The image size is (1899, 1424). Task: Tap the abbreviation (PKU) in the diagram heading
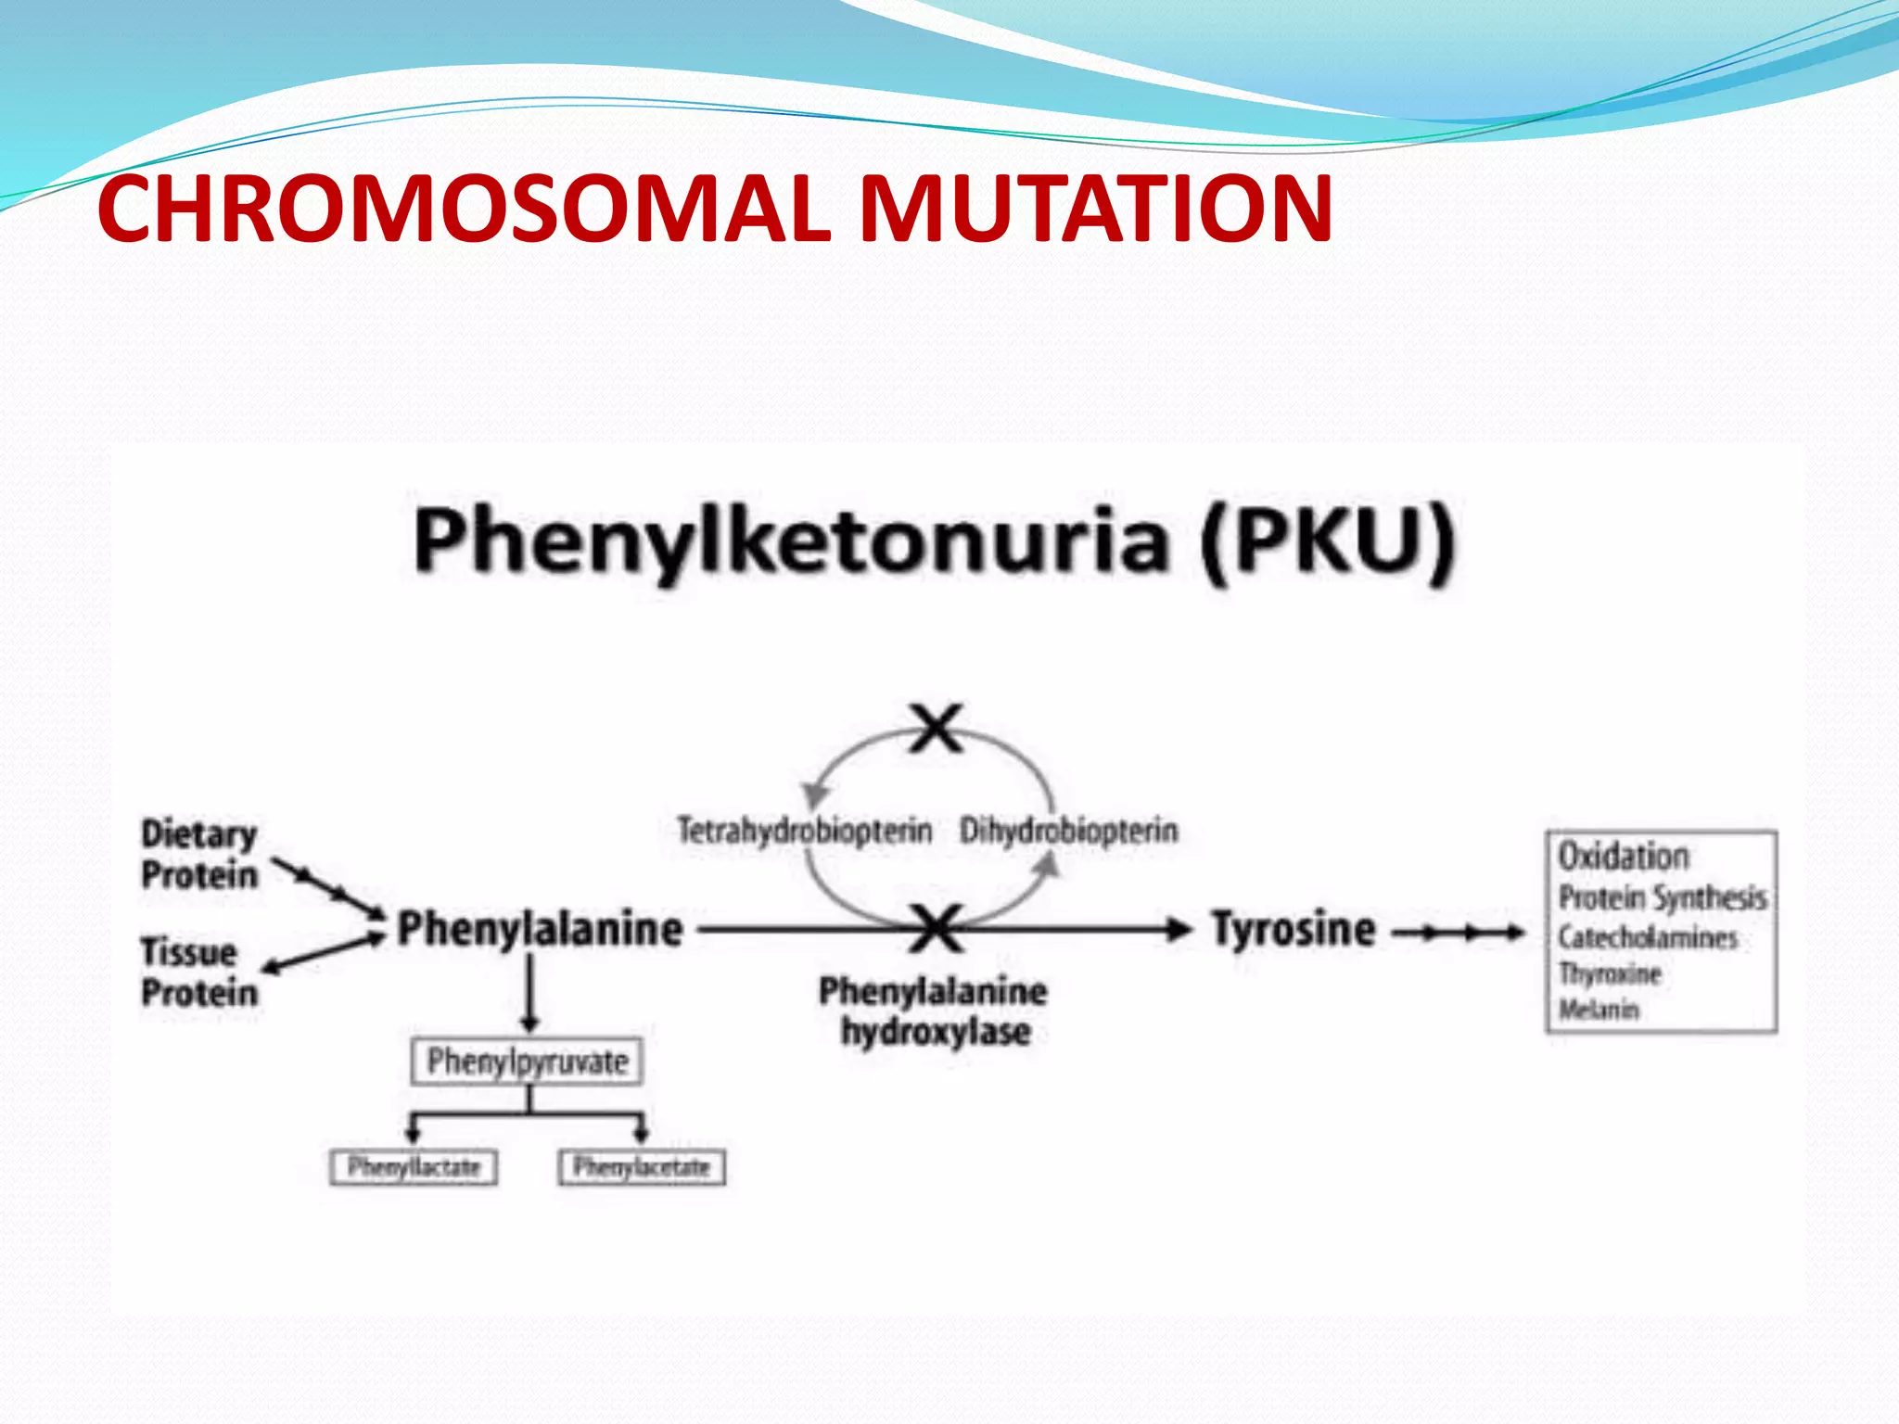coord(1326,542)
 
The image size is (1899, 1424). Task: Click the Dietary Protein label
coord(198,854)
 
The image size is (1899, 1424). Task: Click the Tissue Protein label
coord(198,973)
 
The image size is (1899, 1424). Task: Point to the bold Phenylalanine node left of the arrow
coord(540,929)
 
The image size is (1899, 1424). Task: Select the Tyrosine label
coord(1294,929)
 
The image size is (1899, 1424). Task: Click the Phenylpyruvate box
coord(527,1062)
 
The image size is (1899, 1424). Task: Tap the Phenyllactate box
coord(414,1166)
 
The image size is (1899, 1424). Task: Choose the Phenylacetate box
coord(641,1166)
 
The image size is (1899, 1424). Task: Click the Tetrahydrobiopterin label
coord(804,830)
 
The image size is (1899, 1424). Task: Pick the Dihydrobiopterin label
coord(1068,830)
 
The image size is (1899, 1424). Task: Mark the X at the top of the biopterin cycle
coord(937,729)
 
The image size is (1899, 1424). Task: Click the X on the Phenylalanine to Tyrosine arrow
coord(937,929)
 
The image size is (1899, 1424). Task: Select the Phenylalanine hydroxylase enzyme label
coord(934,1011)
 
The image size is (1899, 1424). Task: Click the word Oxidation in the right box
coord(1623,856)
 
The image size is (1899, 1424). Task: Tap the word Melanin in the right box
coord(1599,1009)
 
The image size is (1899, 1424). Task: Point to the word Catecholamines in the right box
coord(1647,937)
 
